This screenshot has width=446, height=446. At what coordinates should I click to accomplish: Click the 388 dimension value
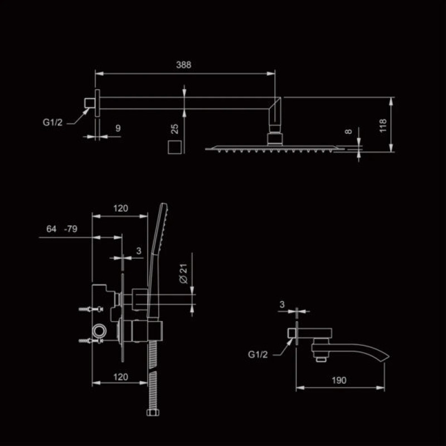(183, 65)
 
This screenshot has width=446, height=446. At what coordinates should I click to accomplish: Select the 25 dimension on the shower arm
(174, 129)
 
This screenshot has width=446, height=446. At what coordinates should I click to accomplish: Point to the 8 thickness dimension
(348, 132)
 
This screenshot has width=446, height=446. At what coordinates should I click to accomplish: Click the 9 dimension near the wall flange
(118, 128)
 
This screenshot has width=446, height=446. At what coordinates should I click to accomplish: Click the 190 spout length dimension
(338, 380)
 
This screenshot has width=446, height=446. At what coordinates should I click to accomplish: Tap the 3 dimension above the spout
(282, 304)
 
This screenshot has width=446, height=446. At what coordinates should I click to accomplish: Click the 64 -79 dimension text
(62, 229)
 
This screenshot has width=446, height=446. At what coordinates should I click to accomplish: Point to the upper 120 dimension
(120, 209)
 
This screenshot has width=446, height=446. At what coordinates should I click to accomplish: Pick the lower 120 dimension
(120, 377)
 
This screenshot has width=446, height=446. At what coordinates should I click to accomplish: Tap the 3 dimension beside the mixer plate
(138, 251)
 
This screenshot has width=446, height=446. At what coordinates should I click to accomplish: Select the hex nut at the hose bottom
(152, 414)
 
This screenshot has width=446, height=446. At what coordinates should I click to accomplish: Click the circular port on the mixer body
(99, 331)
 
